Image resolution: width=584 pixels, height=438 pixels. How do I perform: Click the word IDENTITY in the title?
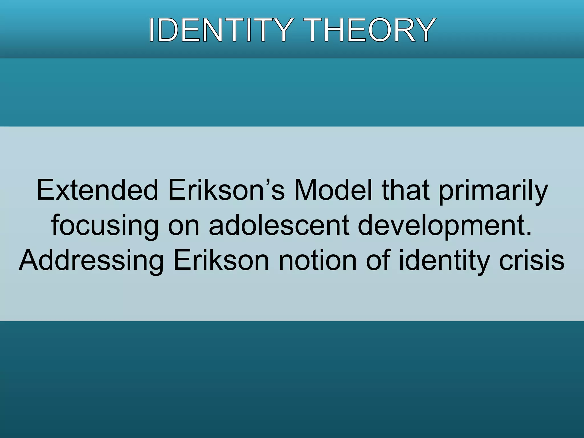point(220,30)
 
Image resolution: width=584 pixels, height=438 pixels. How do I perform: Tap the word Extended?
point(97,190)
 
